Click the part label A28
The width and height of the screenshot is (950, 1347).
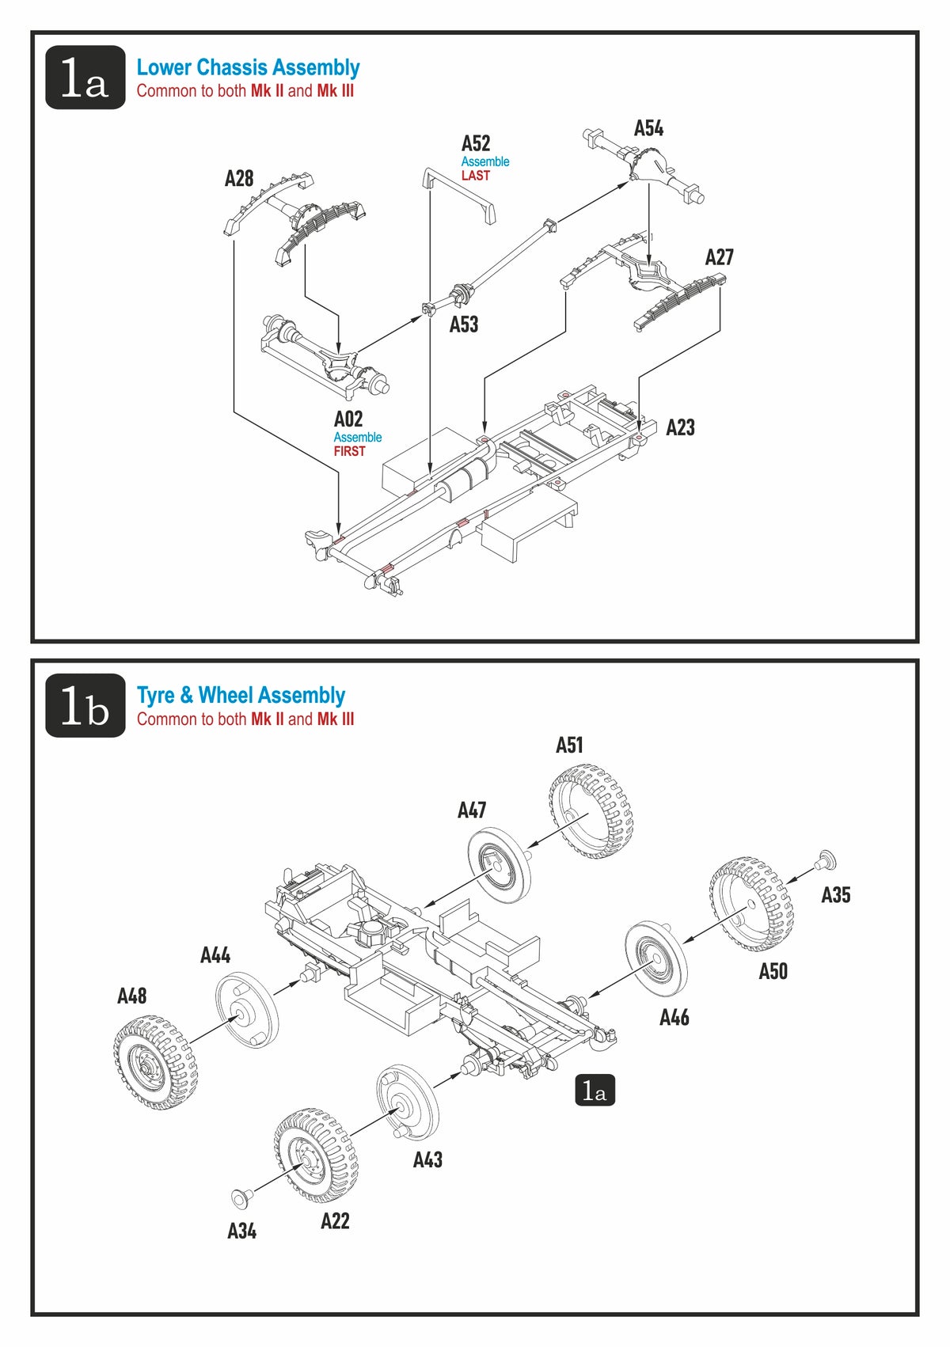239,178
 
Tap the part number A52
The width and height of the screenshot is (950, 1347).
476,143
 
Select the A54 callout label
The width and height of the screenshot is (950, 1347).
648,128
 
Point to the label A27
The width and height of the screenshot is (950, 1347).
719,257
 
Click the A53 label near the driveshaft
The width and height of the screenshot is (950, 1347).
464,324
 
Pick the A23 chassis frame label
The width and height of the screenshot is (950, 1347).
680,427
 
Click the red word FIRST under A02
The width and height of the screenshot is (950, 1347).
349,451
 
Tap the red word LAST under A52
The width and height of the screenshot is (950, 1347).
476,176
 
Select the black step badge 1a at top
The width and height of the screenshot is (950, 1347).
85,78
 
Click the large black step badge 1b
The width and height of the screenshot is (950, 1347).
85,706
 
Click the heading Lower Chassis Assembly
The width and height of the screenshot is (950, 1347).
248,67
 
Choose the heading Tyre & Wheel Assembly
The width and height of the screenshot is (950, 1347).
241,696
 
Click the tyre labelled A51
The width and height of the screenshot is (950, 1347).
591,811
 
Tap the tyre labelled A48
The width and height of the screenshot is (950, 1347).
155,1061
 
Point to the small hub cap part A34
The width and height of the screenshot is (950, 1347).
240,1196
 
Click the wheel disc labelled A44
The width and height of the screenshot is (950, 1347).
245,1012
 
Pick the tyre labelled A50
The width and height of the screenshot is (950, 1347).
750,903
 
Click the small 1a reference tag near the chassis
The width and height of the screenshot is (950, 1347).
595,1091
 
